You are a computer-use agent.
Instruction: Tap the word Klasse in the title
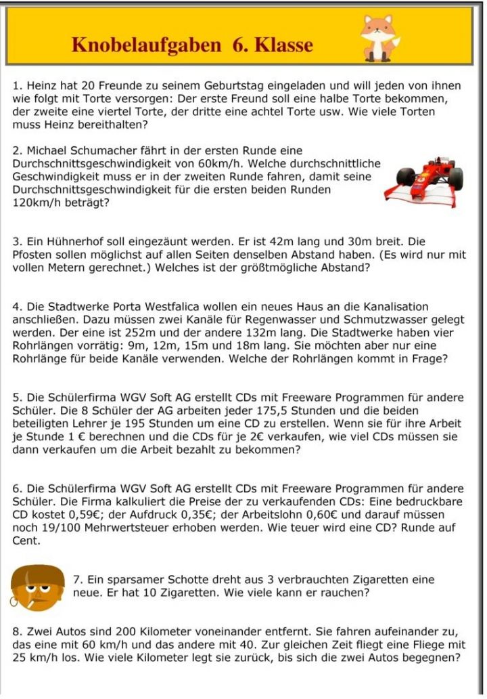coord(282,45)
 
